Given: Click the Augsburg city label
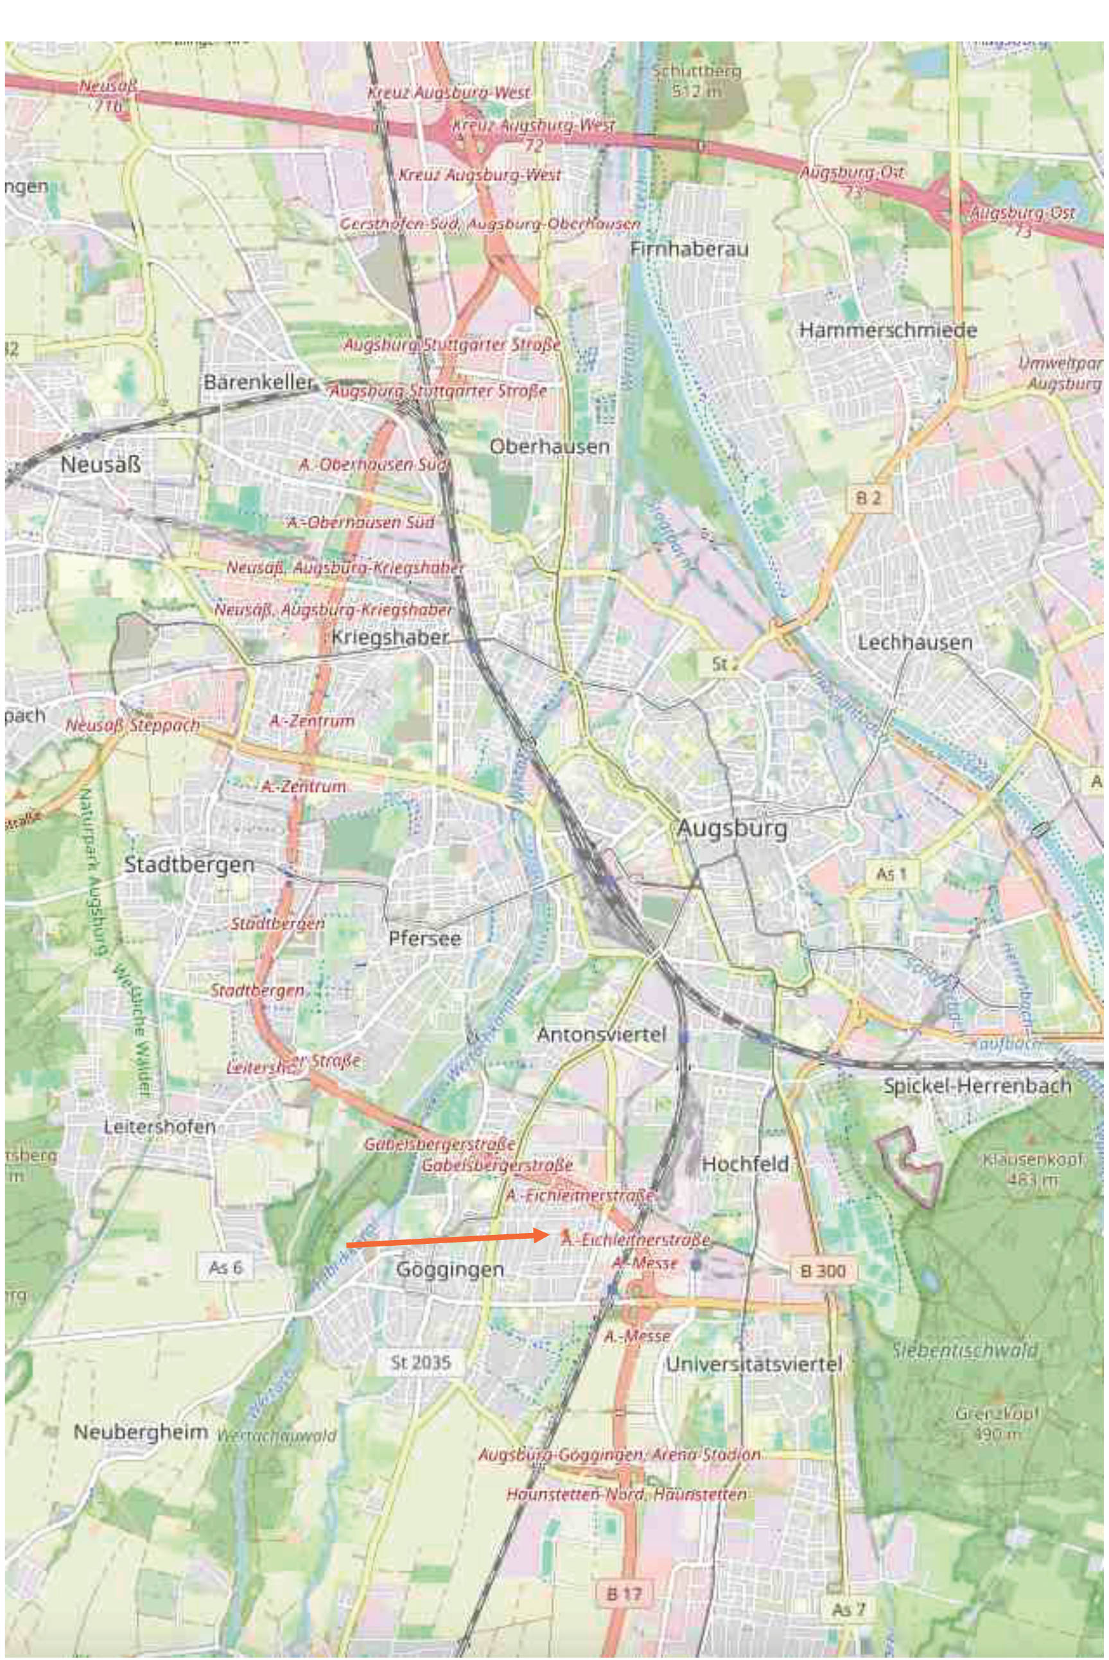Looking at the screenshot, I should click(x=732, y=828).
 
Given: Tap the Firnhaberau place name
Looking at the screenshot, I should click(x=689, y=249).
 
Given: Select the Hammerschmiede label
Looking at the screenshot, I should click(x=887, y=330).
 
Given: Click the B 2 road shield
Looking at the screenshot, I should click(x=869, y=498).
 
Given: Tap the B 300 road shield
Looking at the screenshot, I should click(x=823, y=1271).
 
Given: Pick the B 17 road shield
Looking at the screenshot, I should click(x=623, y=1593).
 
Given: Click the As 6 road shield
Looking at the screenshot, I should click(x=225, y=1268).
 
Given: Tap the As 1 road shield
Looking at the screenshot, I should click(x=891, y=874).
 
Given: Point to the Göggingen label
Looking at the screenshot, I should click(x=450, y=1270).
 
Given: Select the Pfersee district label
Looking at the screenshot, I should click(x=424, y=939).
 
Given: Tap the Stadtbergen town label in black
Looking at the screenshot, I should click(x=189, y=864).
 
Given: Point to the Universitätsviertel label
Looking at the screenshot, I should click(x=754, y=1365).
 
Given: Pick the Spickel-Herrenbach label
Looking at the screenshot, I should click(x=977, y=1086).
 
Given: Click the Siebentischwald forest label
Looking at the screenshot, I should click(x=965, y=1350).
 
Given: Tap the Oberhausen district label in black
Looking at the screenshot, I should click(x=549, y=447).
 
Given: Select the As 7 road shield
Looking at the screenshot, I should click(x=848, y=1610).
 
